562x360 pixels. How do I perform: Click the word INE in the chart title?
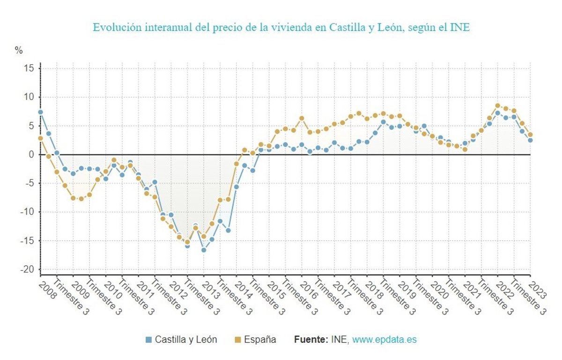click(x=460, y=28)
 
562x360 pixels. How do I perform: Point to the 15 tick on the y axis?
click(x=29, y=68)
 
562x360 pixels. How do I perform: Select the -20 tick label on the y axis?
click(x=27, y=270)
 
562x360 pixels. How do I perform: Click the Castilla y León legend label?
click(x=186, y=340)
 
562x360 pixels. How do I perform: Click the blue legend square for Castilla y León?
click(x=149, y=340)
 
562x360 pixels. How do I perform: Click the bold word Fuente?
click(x=311, y=340)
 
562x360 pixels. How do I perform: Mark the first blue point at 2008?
click(x=40, y=112)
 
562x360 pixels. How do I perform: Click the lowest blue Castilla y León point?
click(x=204, y=250)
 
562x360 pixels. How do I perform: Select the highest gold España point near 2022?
click(x=498, y=106)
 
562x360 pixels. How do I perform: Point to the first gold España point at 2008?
click(x=40, y=138)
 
